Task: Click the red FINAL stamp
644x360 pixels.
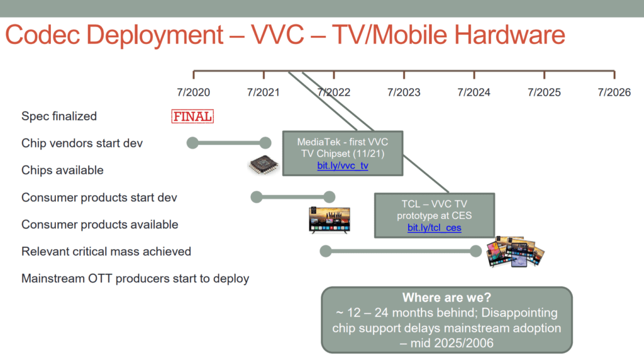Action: coord(192,116)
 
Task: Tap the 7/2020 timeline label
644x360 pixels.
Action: coord(194,92)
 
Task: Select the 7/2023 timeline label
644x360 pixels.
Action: coord(404,92)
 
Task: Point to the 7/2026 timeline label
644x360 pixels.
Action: coord(614,92)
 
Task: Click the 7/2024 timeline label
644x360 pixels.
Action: coord(474,92)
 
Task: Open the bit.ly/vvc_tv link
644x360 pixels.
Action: coord(343,166)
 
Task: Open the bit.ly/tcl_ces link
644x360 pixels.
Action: coord(434,228)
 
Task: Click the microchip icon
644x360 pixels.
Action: coord(264,164)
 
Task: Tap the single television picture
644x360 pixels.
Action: coord(330,220)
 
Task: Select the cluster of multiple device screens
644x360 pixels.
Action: coord(516,252)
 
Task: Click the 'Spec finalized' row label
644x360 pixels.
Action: coord(59,116)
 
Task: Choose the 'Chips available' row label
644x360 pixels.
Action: coord(62,170)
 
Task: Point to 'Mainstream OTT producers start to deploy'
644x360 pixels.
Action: coord(135,279)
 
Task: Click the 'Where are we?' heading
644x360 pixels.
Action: coord(447,297)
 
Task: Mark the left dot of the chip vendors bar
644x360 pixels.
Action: coord(192,143)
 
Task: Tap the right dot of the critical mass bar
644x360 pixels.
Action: coord(475,251)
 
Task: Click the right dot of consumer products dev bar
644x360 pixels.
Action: coord(329,197)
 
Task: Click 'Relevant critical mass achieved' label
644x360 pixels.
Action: coord(106,252)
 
